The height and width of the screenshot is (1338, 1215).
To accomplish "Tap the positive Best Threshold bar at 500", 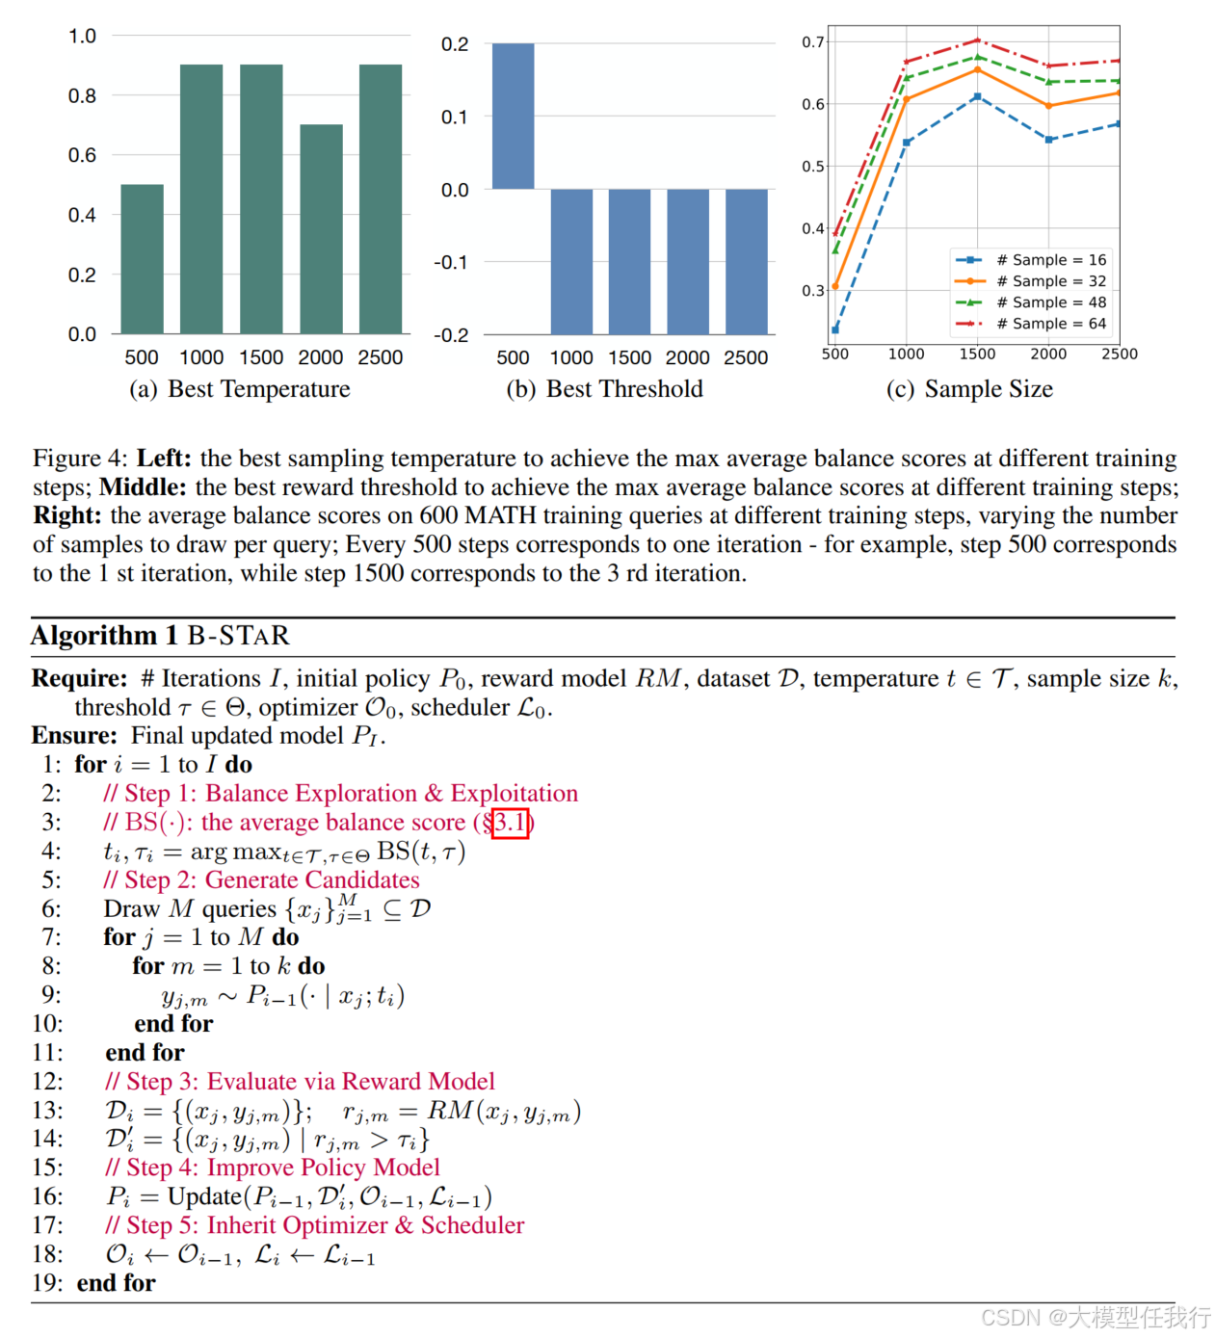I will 513,116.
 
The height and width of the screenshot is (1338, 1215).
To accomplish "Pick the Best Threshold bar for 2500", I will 746,261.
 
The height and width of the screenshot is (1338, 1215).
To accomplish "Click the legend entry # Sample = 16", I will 1031,260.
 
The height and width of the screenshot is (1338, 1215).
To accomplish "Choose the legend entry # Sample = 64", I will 1031,324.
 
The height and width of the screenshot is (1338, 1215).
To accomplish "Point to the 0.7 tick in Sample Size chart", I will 813,41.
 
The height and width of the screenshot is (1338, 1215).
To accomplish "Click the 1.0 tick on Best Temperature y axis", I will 83,37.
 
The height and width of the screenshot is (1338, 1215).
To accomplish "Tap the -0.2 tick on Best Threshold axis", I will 451,335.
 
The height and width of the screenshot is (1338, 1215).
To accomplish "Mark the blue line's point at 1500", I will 977,96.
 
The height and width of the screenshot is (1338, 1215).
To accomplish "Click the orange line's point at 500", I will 835,286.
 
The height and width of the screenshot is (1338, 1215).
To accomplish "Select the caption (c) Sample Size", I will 969,389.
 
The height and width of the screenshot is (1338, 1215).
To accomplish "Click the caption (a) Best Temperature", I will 240,389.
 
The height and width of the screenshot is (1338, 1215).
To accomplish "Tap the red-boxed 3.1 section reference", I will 510,823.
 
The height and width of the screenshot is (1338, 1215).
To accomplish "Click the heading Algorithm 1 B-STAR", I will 160,636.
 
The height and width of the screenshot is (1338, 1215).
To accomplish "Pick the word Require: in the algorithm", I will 79,678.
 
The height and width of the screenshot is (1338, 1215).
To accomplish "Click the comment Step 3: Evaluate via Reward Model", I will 301,1082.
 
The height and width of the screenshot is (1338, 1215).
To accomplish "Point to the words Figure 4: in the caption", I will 80,459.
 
